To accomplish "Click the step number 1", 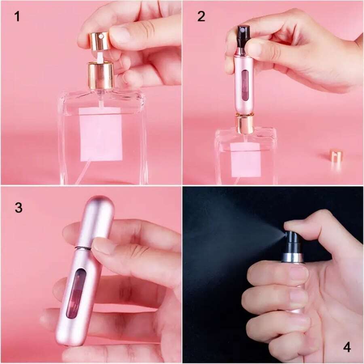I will (17, 17).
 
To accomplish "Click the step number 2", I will (201, 17).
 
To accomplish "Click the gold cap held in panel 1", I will (99, 41).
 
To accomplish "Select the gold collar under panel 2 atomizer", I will (245, 124).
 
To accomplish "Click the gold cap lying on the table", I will (336, 156).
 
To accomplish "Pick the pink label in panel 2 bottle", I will (245, 159).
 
